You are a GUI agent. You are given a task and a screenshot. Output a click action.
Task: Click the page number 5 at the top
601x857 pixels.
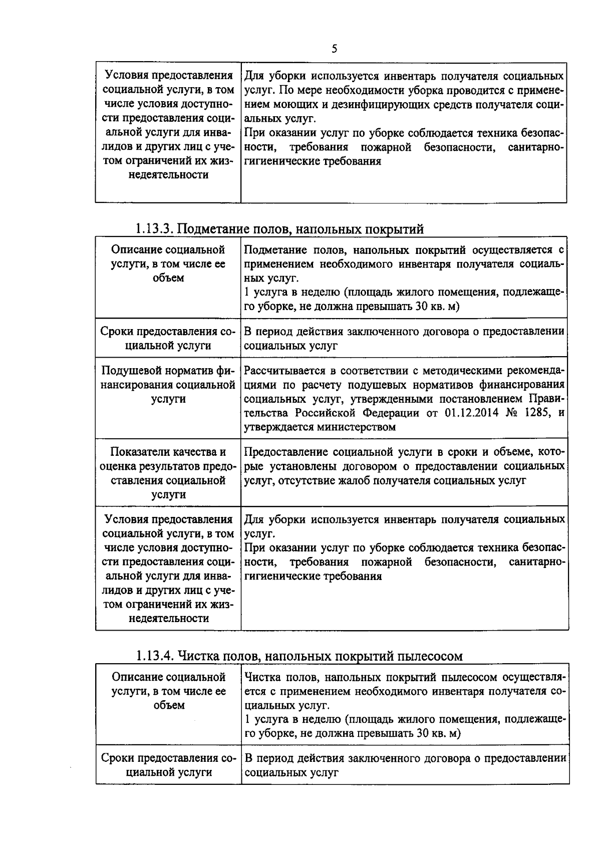coord(334,49)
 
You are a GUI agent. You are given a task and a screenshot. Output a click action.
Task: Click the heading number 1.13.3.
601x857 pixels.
coord(154,229)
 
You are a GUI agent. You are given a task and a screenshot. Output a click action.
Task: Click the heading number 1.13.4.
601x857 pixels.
coord(155,656)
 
